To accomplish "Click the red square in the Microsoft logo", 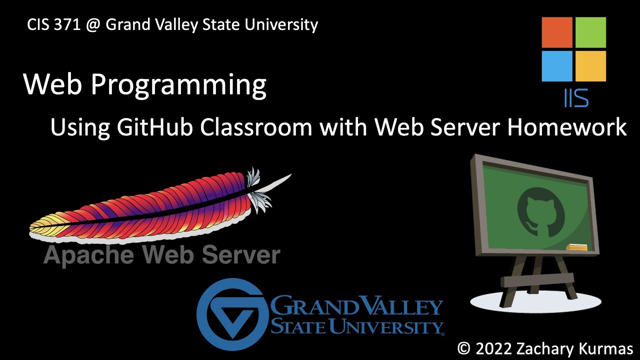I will [x=557, y=32].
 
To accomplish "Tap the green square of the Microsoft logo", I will [x=590, y=32].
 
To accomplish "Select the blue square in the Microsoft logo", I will [x=557, y=66].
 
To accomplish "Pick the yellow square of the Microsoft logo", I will [x=590, y=66].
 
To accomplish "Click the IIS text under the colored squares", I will [x=575, y=97].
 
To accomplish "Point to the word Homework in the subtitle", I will [x=567, y=127].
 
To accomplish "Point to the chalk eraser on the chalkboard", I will [x=577, y=247].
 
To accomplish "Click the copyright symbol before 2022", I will [x=464, y=348].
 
